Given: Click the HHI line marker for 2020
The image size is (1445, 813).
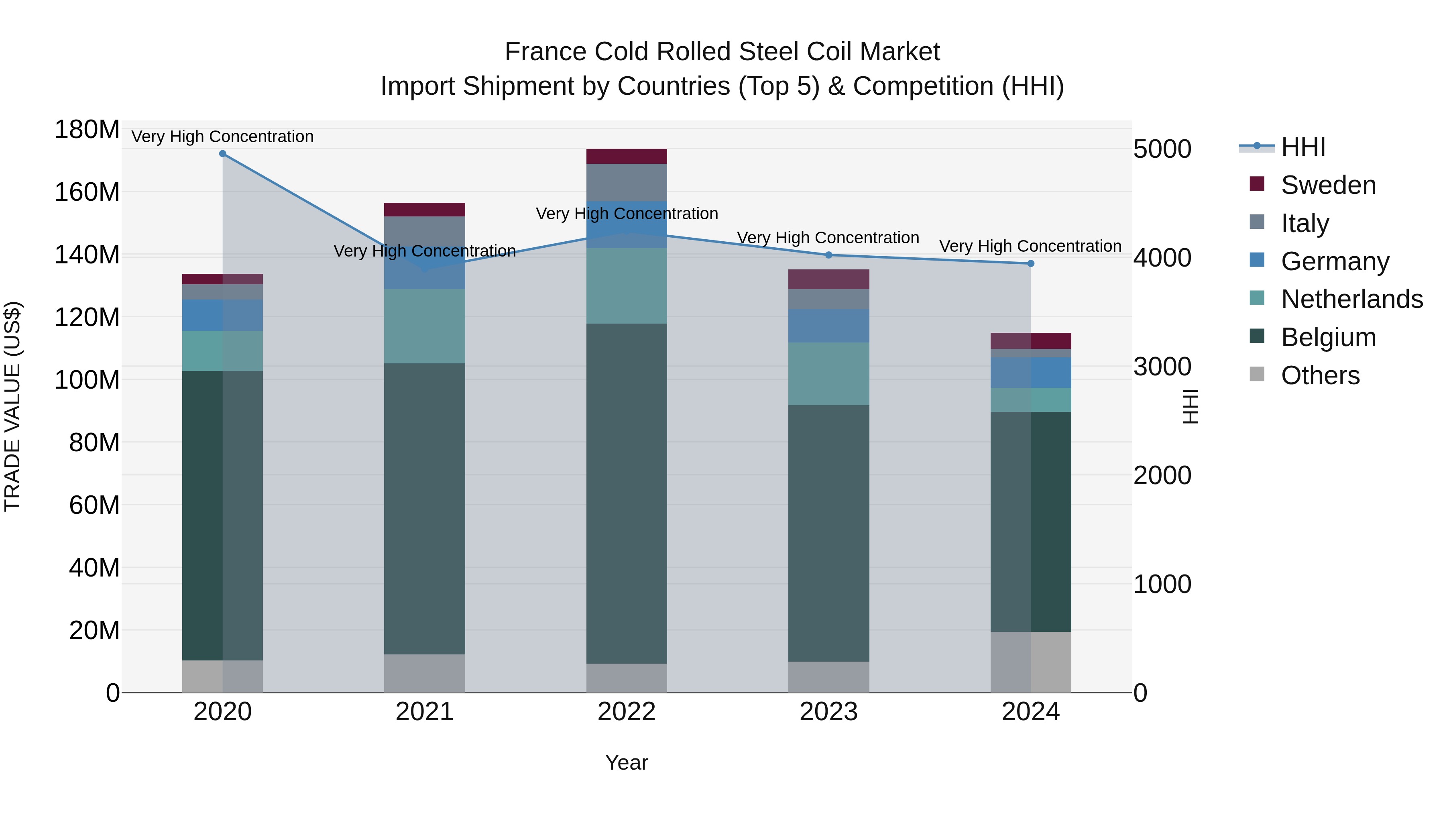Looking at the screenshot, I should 223,154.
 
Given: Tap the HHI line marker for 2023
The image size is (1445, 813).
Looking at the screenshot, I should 828,255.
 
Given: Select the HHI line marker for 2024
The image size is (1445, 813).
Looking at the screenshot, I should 1030,264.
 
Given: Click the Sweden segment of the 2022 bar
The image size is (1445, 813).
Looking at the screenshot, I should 627,157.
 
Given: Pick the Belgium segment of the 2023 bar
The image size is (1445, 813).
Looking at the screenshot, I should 828,533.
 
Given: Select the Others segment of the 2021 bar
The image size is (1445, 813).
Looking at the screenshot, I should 425,673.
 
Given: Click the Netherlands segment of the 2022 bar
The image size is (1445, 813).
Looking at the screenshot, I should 627,286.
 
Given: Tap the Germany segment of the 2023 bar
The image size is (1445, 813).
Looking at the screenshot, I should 828,326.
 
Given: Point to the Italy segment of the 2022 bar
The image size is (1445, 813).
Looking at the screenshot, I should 627,182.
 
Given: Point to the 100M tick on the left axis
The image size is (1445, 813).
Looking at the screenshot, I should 87,380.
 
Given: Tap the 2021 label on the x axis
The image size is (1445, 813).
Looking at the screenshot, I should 425,712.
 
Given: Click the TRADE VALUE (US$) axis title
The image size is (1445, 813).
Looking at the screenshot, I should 12,406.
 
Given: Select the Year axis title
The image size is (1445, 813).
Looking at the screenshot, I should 627,762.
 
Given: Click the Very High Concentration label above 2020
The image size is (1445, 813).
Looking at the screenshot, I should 223,137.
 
